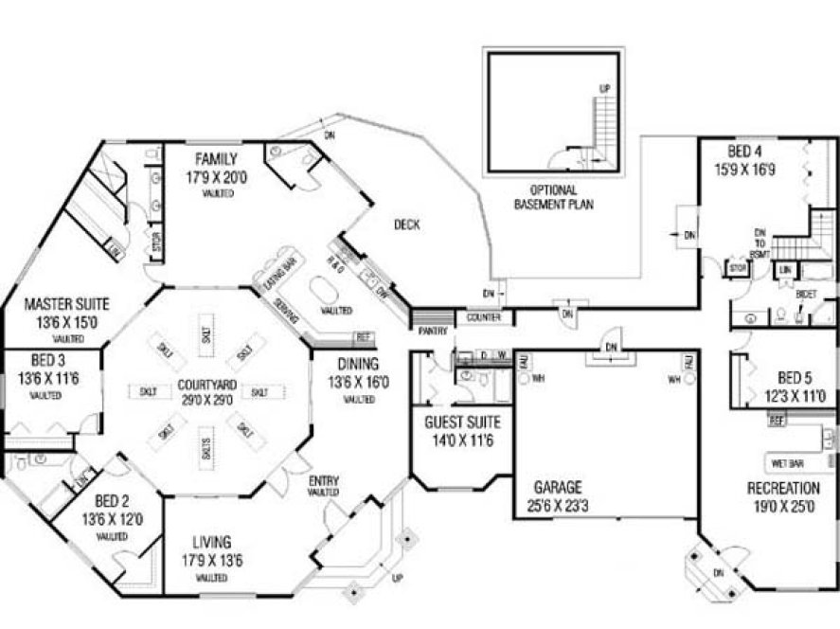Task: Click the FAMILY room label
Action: [x=216, y=158]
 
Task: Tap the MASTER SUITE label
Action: [x=66, y=304]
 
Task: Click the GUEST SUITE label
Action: [x=462, y=422]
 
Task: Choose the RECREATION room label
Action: [x=783, y=488]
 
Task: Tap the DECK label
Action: [x=406, y=225]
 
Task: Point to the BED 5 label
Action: [x=795, y=375]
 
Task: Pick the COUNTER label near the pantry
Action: [x=484, y=317]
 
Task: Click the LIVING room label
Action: [x=211, y=543]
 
